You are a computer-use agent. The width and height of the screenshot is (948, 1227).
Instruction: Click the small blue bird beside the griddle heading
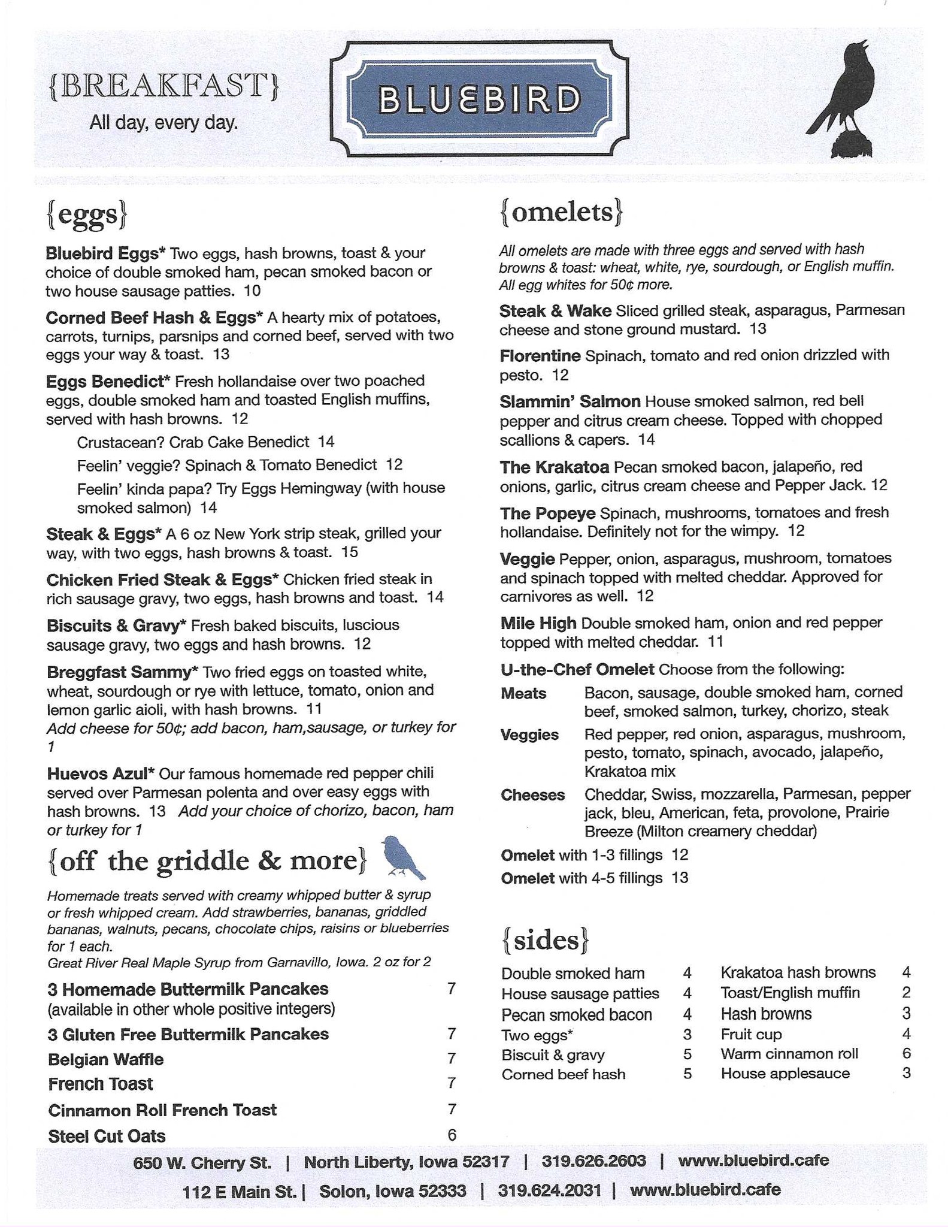(403, 857)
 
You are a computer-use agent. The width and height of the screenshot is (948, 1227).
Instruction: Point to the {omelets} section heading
(561, 213)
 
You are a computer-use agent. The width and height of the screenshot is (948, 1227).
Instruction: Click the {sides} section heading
(544, 940)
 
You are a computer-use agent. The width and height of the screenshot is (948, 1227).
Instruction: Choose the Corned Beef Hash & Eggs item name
(155, 317)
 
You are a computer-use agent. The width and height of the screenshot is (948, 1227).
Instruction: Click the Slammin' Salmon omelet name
(570, 401)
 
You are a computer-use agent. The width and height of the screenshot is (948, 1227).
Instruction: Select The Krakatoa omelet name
(555, 467)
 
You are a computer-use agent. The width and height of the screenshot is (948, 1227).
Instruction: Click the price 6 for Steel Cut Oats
(452, 1135)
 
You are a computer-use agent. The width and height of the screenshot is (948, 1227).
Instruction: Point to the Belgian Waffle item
(105, 1059)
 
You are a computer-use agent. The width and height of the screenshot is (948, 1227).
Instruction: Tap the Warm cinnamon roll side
(789, 1053)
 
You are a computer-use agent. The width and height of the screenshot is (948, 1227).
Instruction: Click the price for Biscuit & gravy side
(687, 1054)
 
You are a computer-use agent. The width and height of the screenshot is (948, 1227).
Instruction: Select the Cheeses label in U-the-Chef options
(532, 795)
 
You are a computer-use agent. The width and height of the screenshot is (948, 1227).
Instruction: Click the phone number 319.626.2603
(593, 1161)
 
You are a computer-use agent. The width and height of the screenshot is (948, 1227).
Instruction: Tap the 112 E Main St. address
(240, 1190)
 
